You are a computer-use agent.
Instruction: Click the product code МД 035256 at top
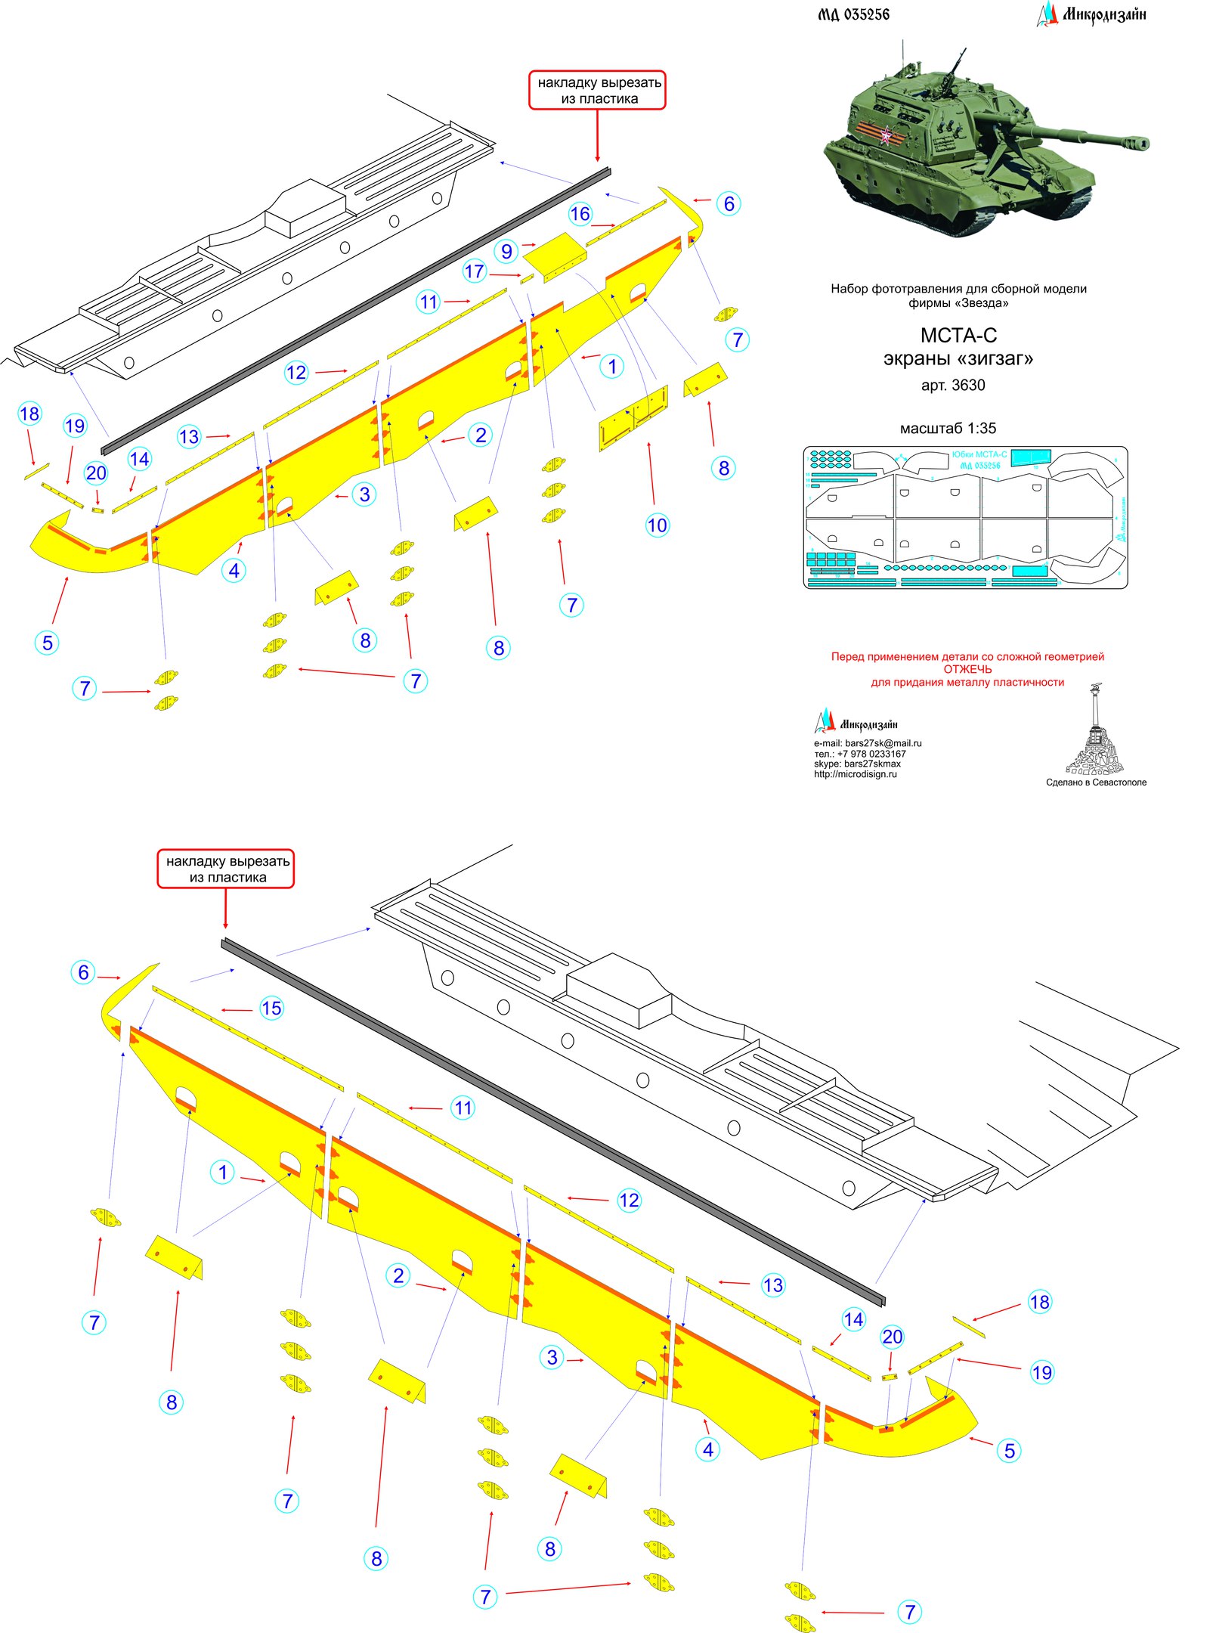point(853,14)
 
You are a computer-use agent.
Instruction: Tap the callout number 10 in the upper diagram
point(657,525)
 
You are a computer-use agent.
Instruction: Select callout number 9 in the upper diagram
point(506,251)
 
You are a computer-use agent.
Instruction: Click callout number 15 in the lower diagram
point(271,1008)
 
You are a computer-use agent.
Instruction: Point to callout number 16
point(580,214)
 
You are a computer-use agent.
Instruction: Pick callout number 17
point(474,271)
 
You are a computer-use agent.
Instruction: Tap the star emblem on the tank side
point(886,136)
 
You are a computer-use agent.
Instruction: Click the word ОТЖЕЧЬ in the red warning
point(967,669)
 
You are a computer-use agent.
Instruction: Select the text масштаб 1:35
point(948,428)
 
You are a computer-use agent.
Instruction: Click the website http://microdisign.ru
point(855,774)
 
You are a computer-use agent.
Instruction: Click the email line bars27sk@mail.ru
point(868,743)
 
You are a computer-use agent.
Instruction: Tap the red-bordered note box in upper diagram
point(596,91)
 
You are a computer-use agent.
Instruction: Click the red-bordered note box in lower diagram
point(225,869)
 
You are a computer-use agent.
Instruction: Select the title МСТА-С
point(958,335)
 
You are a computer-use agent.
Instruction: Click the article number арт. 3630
point(952,385)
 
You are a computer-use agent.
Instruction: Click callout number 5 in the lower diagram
point(1009,1450)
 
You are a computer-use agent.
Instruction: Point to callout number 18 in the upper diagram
point(29,414)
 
